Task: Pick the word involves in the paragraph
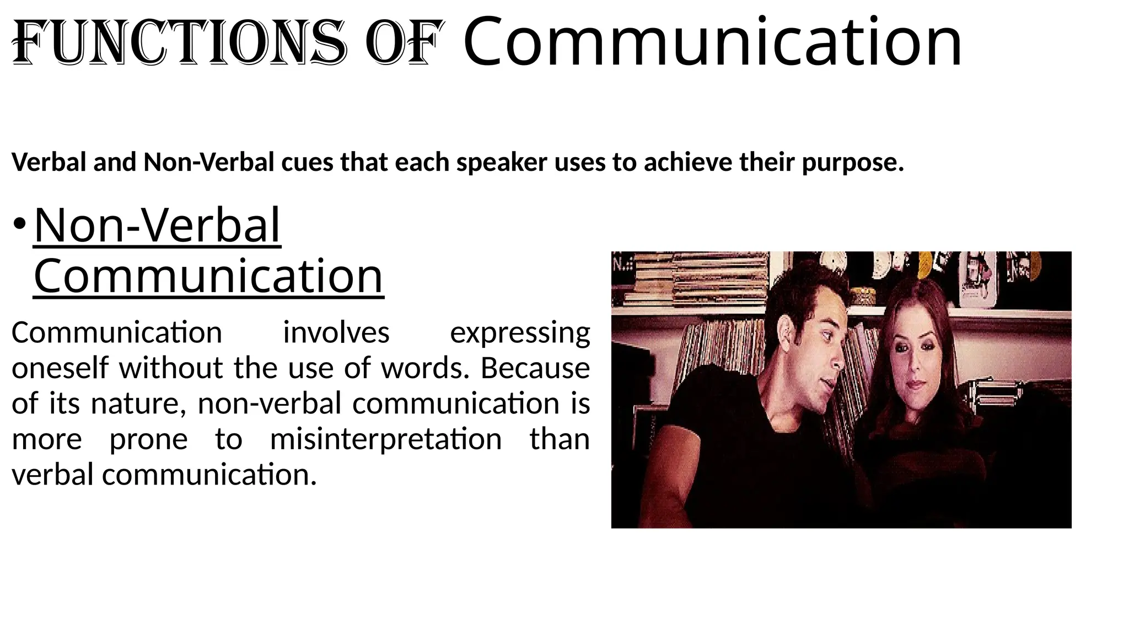tap(336, 332)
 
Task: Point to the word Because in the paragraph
tap(534, 368)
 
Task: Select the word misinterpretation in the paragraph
tap(385, 439)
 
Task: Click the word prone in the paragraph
tap(148, 440)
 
